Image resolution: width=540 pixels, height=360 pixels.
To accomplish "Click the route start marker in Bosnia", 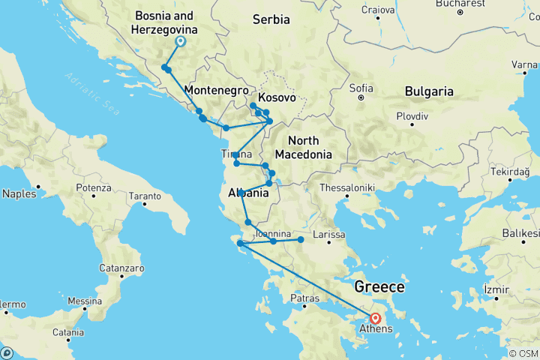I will pos(180,42).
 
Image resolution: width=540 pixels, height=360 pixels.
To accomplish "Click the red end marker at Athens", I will pos(375,318).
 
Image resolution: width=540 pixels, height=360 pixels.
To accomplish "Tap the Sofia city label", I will pos(361,88).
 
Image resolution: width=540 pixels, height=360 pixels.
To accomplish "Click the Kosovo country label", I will pos(276,98).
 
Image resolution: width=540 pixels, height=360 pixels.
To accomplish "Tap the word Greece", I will pos(379,287).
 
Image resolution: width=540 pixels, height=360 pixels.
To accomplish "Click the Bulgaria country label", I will pos(429,91).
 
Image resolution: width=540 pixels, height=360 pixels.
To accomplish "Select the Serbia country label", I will pos(271,19).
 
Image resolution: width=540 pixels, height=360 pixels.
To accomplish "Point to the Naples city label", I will pos(19,193).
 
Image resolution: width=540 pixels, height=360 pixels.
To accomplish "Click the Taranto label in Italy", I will pos(145,196).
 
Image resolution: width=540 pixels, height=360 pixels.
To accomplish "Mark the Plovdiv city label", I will pos(412,117).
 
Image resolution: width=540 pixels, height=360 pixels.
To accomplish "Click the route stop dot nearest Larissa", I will pos(301,240).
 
